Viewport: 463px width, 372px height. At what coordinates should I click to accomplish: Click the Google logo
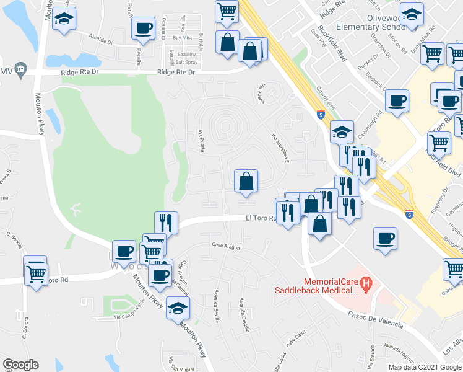21,365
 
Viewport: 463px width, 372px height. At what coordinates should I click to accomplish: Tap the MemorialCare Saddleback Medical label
318,286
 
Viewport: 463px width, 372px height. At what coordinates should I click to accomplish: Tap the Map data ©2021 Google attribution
425,367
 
